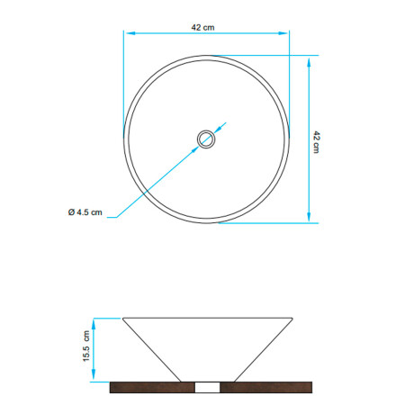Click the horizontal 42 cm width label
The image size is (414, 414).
click(x=202, y=27)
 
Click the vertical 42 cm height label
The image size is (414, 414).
click(x=317, y=142)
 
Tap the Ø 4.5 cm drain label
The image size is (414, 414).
click(x=85, y=212)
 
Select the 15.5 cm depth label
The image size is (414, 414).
click(x=86, y=346)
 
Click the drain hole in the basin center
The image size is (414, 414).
click(x=206, y=139)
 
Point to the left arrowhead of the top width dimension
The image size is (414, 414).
click(x=130, y=33)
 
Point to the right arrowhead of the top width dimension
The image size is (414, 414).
click(x=283, y=33)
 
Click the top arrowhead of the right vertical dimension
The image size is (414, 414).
click(x=309, y=64)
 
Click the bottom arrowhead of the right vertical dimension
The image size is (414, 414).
click(x=309, y=217)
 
